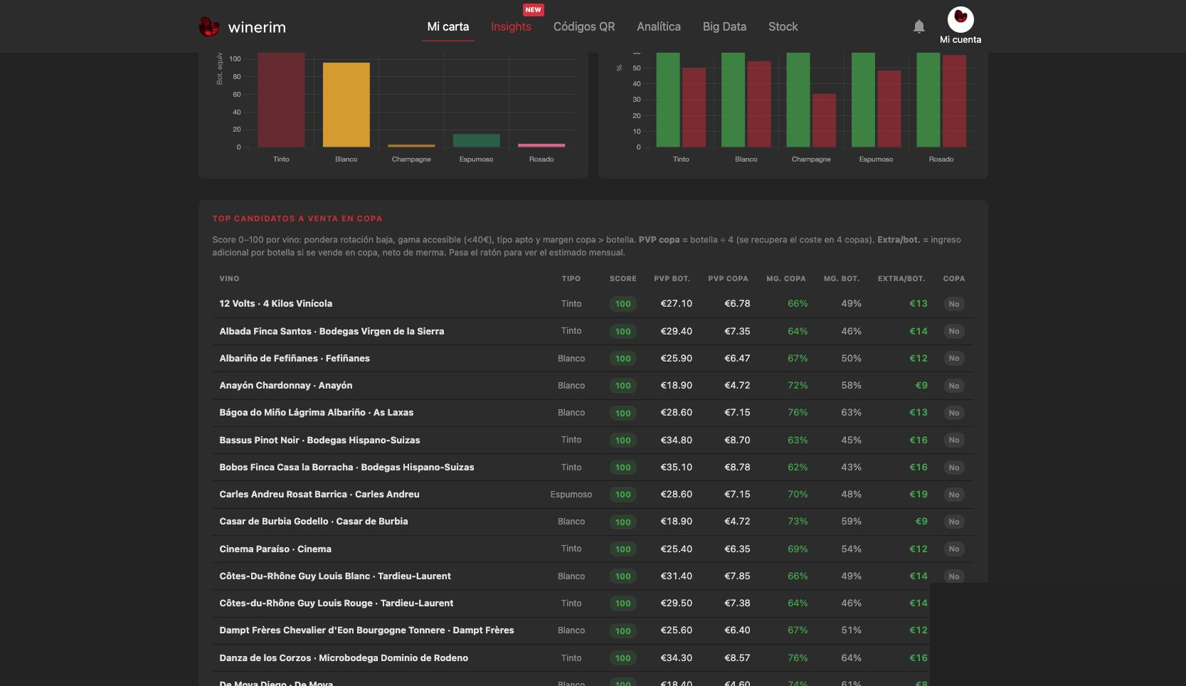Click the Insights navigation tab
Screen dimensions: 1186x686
(x=511, y=26)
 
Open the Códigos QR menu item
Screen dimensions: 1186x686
(x=584, y=26)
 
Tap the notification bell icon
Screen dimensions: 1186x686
(x=919, y=26)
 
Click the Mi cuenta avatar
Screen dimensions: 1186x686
(x=960, y=20)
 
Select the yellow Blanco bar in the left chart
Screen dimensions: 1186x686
(x=346, y=105)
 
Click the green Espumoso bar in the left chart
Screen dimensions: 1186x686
(x=476, y=140)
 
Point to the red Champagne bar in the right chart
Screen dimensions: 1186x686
(x=824, y=121)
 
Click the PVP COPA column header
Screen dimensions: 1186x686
(x=728, y=279)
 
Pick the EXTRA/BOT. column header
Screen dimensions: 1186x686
(x=901, y=279)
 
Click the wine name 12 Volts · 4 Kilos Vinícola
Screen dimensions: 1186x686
(x=276, y=304)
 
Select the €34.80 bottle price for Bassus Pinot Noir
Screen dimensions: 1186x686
(x=676, y=440)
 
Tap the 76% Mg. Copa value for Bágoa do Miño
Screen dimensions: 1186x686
(x=798, y=413)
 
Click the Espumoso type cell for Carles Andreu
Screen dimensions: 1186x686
(x=571, y=495)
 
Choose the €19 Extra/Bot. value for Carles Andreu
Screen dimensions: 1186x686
(x=918, y=495)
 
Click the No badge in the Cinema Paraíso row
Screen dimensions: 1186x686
(x=953, y=549)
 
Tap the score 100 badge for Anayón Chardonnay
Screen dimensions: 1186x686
(x=623, y=386)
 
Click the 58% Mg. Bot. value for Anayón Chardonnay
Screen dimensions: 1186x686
(x=852, y=386)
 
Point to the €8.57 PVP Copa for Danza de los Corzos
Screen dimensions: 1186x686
(x=737, y=658)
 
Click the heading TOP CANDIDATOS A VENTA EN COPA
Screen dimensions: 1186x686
(x=297, y=218)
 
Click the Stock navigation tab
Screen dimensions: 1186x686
(x=783, y=26)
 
